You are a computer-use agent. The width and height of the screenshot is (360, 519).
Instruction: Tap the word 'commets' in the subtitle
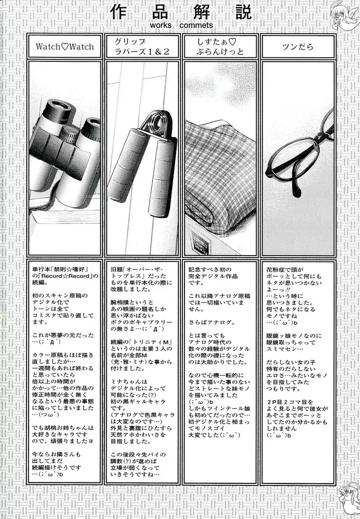click(197, 25)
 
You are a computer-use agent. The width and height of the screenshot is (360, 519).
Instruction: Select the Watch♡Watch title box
click(64, 47)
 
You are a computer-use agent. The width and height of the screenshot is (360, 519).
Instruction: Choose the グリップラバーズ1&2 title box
click(142, 47)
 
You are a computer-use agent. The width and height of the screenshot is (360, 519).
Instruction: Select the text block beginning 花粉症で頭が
click(297, 356)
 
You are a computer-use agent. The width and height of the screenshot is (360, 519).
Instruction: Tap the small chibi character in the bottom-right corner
click(349, 504)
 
